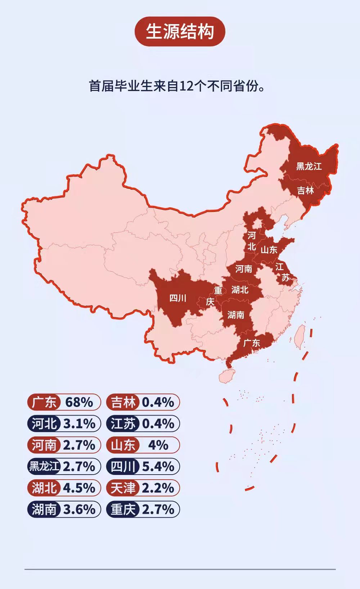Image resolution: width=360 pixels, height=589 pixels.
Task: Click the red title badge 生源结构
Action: (x=180, y=31)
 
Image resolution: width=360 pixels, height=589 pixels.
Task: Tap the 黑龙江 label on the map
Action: (x=309, y=166)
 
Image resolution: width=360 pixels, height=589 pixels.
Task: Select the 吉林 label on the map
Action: (x=305, y=190)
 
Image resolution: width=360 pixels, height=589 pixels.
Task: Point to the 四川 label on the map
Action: (x=178, y=298)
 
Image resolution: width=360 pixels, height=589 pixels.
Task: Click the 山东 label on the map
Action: (x=269, y=250)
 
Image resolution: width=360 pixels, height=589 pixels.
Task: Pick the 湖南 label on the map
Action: (x=236, y=315)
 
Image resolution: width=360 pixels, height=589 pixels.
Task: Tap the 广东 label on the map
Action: (x=252, y=343)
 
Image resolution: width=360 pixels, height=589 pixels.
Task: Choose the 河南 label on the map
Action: (x=244, y=269)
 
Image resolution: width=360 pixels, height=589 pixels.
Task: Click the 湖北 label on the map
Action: (x=240, y=290)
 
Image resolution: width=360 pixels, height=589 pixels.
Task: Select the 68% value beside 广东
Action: (x=79, y=402)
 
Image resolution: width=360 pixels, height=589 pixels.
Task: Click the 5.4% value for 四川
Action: (x=158, y=467)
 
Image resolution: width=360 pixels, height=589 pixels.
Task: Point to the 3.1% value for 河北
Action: (x=79, y=424)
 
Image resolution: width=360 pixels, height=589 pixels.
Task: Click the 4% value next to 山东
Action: (x=158, y=445)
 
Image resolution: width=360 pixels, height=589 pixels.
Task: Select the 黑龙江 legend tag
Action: (x=44, y=467)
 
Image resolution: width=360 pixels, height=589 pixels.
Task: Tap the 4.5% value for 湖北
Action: (x=79, y=488)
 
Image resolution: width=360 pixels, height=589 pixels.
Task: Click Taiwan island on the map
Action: (x=300, y=337)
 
